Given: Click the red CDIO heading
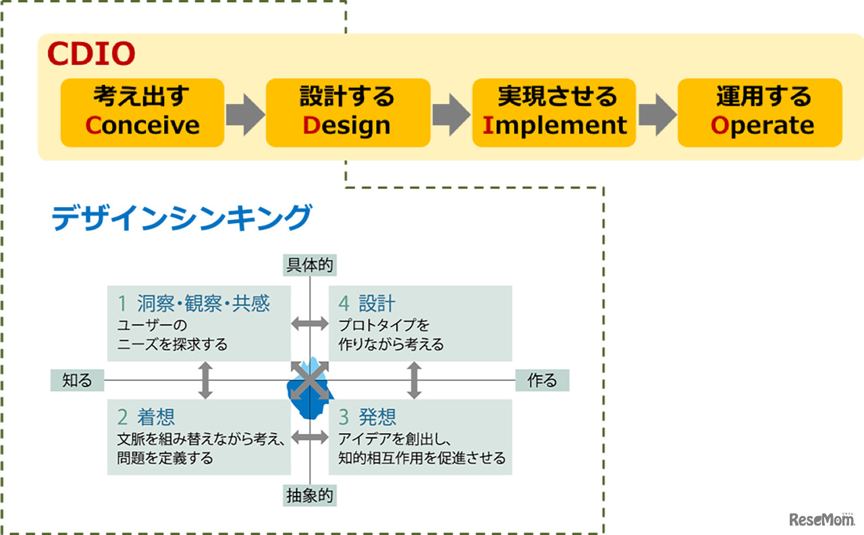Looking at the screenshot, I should (x=91, y=53).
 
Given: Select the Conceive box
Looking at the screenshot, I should (x=142, y=112).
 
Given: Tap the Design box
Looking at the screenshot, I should (x=348, y=112).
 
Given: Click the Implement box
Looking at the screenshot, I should (x=553, y=112).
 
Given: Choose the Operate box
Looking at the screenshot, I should (x=759, y=112).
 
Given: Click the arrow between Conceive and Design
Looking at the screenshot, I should (x=244, y=112).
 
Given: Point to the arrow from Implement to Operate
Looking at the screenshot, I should (x=657, y=112).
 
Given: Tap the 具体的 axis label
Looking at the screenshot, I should (x=310, y=265).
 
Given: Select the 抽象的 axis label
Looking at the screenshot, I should (x=310, y=497).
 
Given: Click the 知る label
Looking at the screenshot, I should (x=77, y=381).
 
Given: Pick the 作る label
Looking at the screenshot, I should (x=542, y=381).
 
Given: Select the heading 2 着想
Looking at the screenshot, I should (x=146, y=416).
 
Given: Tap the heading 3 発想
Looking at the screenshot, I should (x=368, y=416).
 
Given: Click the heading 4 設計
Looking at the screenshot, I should (x=367, y=303).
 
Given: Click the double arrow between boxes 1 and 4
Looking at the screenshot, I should (x=310, y=324).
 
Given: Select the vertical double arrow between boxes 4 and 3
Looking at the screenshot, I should (x=414, y=380).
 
